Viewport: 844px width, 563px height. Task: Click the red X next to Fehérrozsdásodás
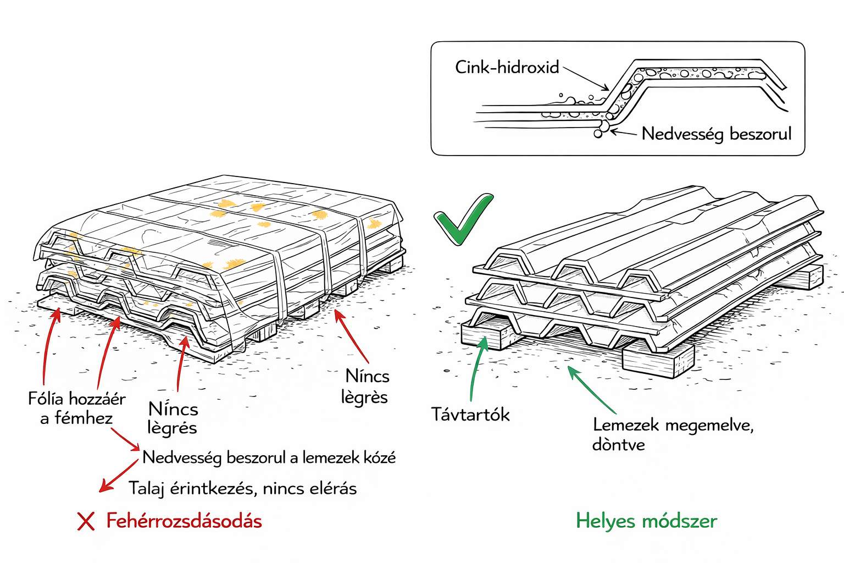click(86, 521)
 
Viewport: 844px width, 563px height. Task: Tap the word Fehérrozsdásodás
click(184, 521)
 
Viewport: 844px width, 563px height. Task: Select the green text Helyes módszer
click(646, 521)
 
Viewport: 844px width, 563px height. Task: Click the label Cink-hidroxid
click(507, 68)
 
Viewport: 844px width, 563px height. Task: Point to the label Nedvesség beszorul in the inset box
click(717, 134)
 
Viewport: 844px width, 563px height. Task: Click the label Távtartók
click(470, 414)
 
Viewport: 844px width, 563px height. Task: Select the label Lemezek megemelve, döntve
click(673, 434)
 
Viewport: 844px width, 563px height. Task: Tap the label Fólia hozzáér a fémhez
click(76, 408)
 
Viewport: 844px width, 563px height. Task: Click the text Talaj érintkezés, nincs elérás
click(242, 488)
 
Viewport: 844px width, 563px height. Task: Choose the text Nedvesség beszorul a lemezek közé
click(269, 457)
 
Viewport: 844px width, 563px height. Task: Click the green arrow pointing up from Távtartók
click(475, 368)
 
